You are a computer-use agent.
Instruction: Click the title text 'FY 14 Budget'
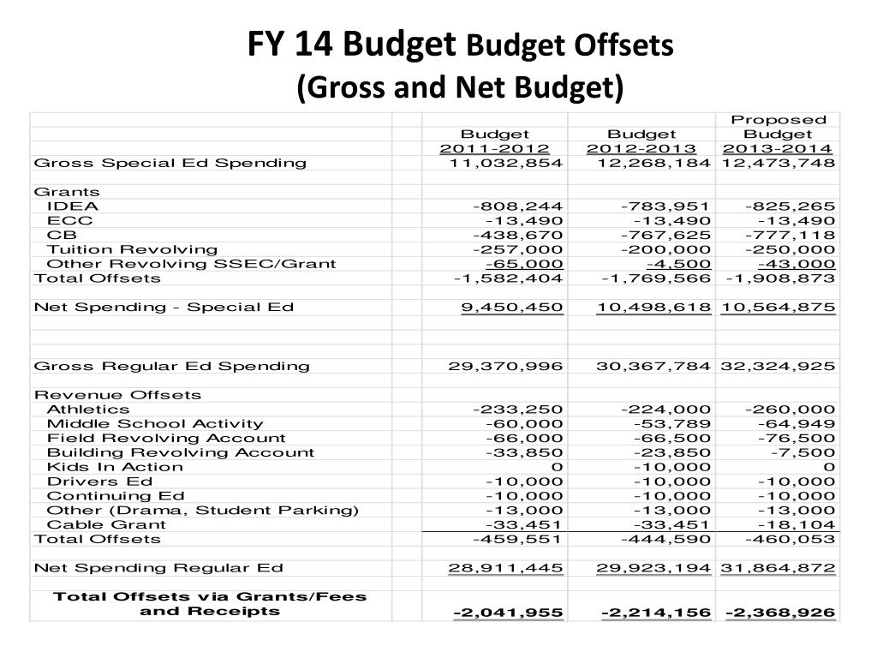[x=350, y=44]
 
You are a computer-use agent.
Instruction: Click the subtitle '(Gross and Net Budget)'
[x=460, y=87]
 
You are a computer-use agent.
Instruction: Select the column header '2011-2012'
[x=495, y=149]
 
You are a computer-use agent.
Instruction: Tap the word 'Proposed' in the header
[x=778, y=120]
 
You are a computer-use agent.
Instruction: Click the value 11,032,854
[x=506, y=163]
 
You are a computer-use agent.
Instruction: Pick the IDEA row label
[x=73, y=206]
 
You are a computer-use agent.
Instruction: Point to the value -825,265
[x=790, y=206]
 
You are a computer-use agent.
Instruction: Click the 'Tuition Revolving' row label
[x=120, y=249]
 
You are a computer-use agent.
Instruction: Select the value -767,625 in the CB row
[x=665, y=235]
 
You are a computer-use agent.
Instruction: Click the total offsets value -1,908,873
[x=779, y=278]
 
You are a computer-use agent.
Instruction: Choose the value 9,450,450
[x=511, y=308]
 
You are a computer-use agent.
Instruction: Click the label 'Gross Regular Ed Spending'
[x=171, y=366]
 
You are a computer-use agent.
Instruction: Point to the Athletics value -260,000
[x=790, y=410]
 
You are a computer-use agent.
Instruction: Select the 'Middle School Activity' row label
[x=155, y=423]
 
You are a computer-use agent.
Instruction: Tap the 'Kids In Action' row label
[x=115, y=467]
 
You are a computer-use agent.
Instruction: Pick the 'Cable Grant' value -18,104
[x=796, y=524]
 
